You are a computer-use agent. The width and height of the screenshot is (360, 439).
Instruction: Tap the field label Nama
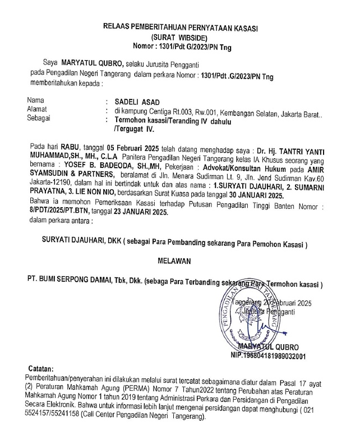pyautogui.click(x=35, y=101)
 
